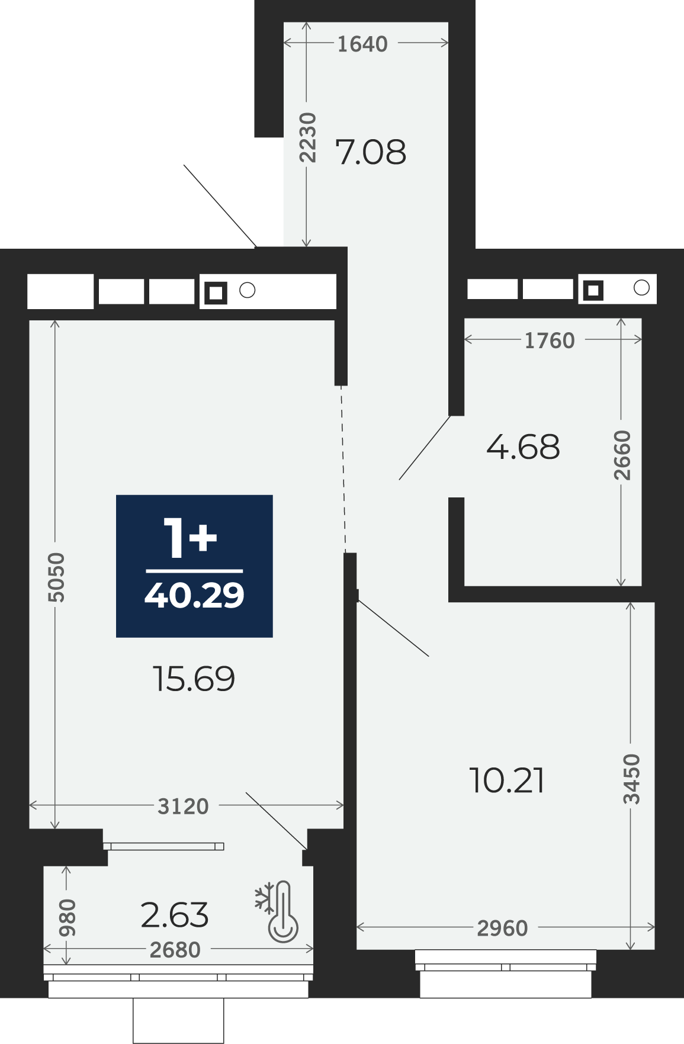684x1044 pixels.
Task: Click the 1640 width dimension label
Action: point(362,44)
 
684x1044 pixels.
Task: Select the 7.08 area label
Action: point(371,152)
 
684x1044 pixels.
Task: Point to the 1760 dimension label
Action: point(550,340)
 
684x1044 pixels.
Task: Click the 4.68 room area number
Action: point(523,447)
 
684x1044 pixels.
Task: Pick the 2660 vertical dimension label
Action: point(622,455)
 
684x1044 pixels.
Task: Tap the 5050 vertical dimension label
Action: point(56,577)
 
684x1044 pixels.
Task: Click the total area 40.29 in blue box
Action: point(194,595)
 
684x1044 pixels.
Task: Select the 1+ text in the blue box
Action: point(191,538)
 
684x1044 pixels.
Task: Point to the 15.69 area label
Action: point(194,679)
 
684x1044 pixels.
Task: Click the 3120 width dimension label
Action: point(183,807)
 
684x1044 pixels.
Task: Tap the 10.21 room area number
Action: point(507,780)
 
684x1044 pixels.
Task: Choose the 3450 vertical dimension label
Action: point(632,779)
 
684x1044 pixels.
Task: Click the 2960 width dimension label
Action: point(502,929)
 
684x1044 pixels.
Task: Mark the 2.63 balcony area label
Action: point(175,915)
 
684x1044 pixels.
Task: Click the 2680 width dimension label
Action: point(175,950)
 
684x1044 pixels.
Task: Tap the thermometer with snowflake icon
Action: point(277,911)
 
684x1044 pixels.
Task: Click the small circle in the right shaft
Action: point(641,288)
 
